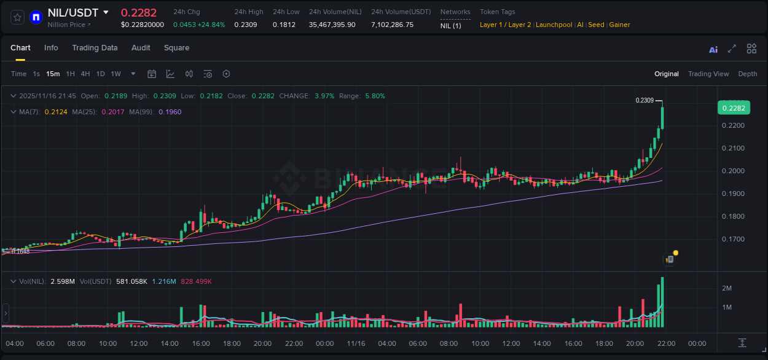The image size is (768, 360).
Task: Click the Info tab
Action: (x=51, y=48)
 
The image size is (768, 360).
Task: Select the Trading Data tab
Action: (x=95, y=48)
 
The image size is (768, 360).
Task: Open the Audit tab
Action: (x=141, y=48)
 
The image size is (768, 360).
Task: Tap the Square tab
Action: (x=176, y=48)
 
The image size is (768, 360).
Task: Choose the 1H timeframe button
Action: (x=70, y=74)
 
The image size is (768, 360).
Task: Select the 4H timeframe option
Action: (x=85, y=74)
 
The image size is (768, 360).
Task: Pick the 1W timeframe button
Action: (x=116, y=74)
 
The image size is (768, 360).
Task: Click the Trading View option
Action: (x=708, y=74)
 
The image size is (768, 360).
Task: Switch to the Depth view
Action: (x=748, y=74)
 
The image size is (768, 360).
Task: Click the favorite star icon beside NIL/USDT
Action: (x=18, y=17)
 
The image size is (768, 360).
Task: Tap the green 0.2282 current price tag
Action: (x=734, y=108)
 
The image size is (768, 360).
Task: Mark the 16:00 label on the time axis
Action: (x=201, y=343)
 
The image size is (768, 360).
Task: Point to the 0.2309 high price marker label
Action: (x=644, y=100)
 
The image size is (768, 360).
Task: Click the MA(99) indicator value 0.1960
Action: (x=170, y=112)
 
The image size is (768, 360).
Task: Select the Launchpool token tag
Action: (x=554, y=25)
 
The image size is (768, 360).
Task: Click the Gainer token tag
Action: (x=619, y=25)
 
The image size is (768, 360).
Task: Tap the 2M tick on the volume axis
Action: (x=727, y=288)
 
